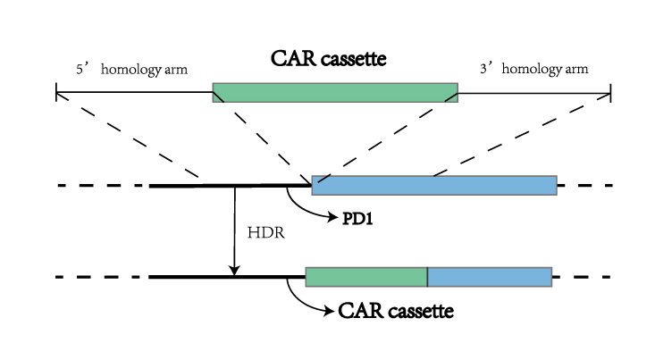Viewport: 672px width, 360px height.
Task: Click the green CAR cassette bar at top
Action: click(335, 92)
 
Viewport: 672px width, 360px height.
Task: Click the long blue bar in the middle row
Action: click(434, 185)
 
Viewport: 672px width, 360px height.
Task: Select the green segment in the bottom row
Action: click(366, 276)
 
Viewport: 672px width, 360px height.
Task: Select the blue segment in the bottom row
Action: click(490, 276)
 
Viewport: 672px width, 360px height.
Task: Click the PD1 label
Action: click(357, 217)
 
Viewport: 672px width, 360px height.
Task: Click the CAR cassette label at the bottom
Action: click(396, 312)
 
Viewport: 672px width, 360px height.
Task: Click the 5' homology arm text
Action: click(131, 69)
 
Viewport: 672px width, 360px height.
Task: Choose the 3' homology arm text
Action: click(533, 69)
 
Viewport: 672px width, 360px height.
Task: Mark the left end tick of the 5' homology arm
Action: click(56, 92)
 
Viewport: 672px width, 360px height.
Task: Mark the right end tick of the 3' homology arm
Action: click(611, 92)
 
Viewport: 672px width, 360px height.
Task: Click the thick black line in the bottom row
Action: click(223, 277)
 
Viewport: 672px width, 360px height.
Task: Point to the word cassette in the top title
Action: click(364, 60)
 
